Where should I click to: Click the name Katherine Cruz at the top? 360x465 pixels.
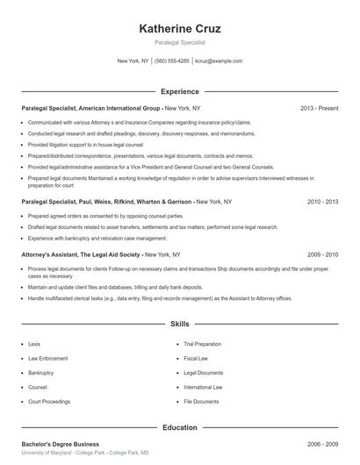click(180, 29)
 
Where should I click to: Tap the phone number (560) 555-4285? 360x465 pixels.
click(172, 61)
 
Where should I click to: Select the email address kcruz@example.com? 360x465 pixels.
click(219, 61)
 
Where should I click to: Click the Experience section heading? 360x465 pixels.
click(180, 91)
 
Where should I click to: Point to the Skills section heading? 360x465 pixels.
click(180, 324)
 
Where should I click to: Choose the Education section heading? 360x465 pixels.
click(180, 428)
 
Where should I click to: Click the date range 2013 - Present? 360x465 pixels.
click(319, 108)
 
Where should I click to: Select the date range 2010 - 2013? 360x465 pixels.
click(322, 202)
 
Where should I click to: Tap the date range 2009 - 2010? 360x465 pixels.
click(322, 254)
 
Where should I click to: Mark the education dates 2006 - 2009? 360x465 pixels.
click(322, 445)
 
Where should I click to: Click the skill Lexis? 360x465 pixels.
click(35, 344)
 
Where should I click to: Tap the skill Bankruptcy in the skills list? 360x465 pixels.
click(41, 373)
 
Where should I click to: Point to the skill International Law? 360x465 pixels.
click(205, 387)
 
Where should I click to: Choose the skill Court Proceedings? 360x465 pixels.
click(48, 401)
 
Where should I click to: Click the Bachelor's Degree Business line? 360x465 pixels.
click(60, 445)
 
